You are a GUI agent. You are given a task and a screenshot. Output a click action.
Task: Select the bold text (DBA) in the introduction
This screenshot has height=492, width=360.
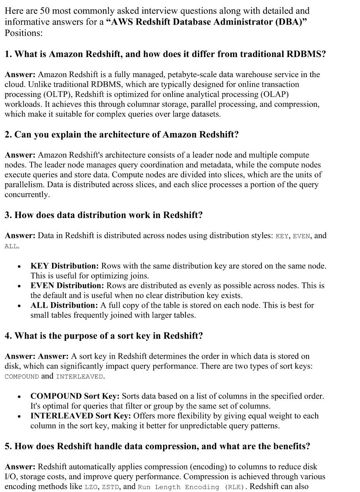[292, 22]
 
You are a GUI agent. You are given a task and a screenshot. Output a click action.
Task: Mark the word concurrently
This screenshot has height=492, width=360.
[27, 195]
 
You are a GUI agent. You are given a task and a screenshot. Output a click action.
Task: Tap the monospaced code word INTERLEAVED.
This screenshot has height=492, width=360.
[79, 377]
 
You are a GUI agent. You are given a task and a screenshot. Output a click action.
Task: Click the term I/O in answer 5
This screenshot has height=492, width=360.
[11, 476]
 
